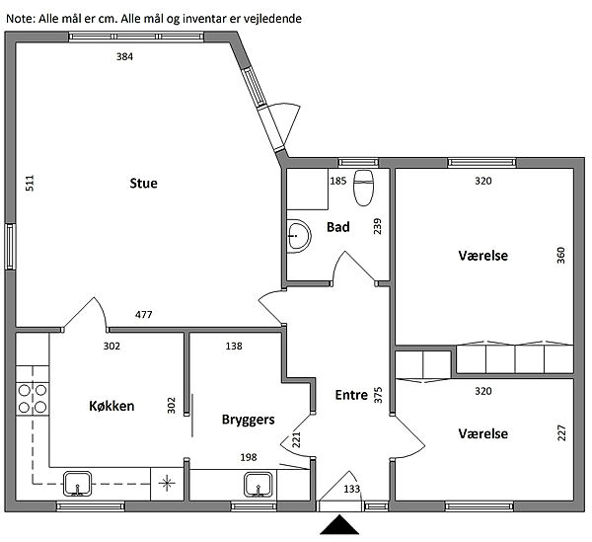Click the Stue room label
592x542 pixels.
[x=143, y=184]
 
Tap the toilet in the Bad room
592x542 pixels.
[x=363, y=188]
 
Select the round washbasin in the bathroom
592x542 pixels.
[x=299, y=236]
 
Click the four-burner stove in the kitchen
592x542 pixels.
[x=33, y=399]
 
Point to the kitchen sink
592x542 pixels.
[x=77, y=484]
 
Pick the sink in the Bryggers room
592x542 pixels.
[x=259, y=485]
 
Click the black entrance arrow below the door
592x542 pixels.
[x=339, y=524]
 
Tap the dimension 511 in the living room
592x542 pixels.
[x=30, y=183]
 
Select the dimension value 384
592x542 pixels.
[x=124, y=56]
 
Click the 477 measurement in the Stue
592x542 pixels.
[x=144, y=314]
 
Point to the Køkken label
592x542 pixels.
[x=111, y=406]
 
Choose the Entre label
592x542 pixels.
[x=351, y=395]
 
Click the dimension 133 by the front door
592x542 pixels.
[x=352, y=489]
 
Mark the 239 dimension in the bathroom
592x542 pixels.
[x=378, y=226]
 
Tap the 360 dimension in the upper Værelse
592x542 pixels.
[x=561, y=256]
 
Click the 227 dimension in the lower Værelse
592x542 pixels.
[x=561, y=432]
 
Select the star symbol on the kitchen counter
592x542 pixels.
[x=167, y=483]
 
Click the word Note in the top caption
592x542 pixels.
[x=20, y=19]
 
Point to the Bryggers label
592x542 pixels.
[x=248, y=420]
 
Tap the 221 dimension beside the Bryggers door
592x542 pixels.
[x=297, y=439]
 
